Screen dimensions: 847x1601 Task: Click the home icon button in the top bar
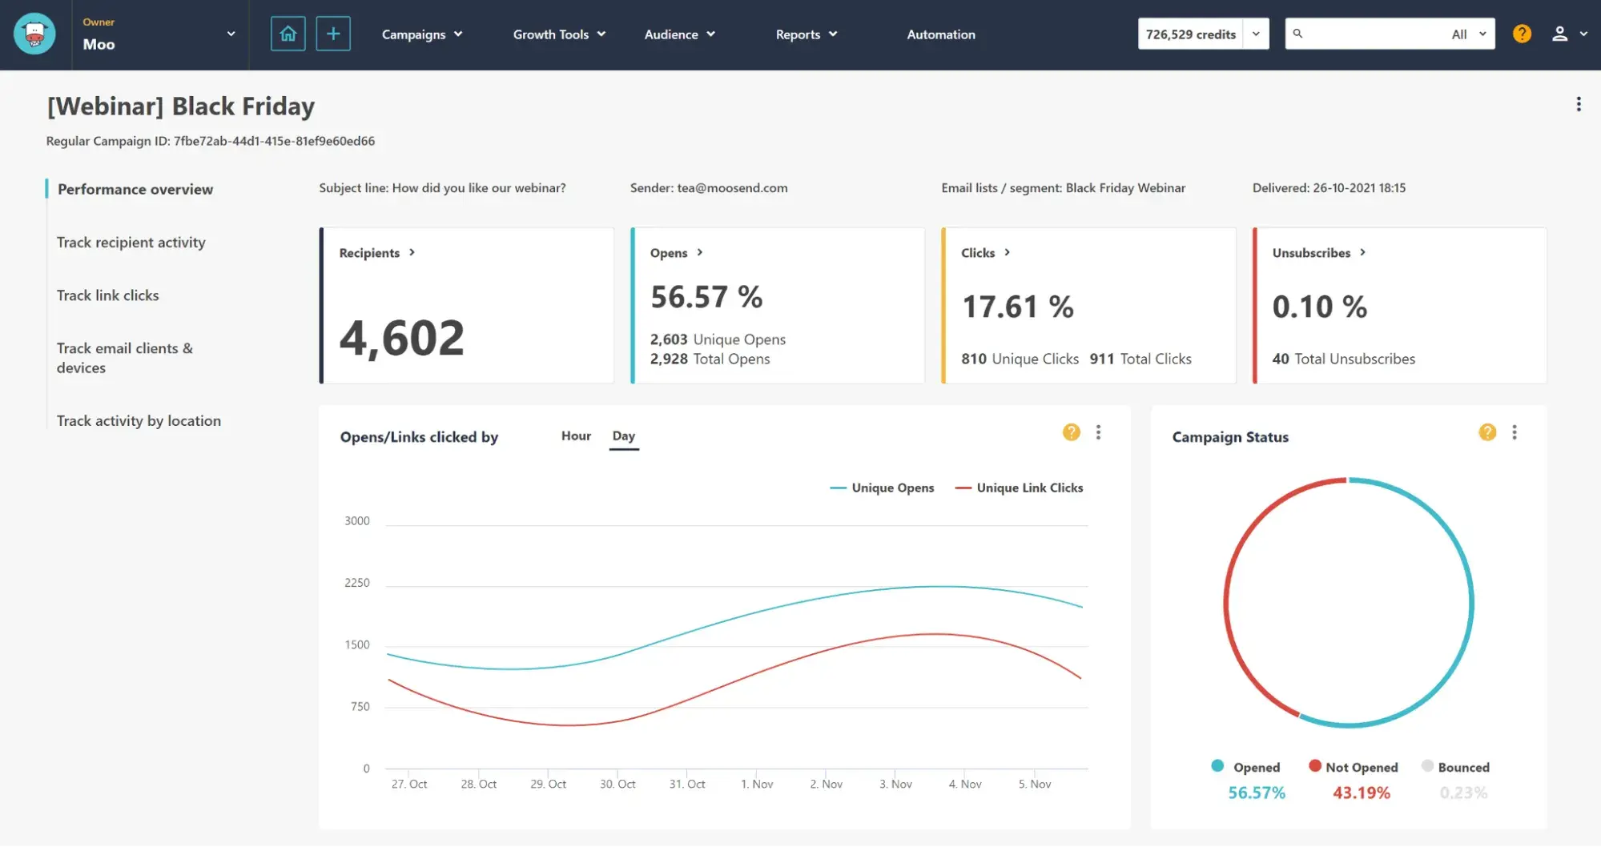(x=288, y=34)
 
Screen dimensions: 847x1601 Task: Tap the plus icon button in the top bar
(x=333, y=34)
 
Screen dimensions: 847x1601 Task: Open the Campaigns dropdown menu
(x=422, y=34)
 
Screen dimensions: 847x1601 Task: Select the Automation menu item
(x=940, y=34)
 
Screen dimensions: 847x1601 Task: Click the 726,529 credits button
(x=1190, y=34)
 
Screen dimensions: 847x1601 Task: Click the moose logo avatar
(x=34, y=34)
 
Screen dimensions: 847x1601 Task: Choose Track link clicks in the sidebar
(x=107, y=295)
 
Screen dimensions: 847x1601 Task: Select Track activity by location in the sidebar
(x=139, y=420)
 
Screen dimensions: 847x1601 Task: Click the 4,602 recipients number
(x=401, y=338)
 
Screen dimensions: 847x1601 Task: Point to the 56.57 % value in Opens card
(x=706, y=297)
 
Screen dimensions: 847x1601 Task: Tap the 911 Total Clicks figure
(x=1140, y=359)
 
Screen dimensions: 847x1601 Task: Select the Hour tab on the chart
(x=575, y=436)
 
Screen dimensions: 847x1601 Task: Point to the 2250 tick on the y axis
(x=356, y=583)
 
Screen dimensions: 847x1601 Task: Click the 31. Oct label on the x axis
(x=686, y=784)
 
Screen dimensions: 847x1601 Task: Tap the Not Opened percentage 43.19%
(x=1361, y=793)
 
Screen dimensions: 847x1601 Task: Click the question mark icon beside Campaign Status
(x=1486, y=432)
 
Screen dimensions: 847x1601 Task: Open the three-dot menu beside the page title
(x=1578, y=104)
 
